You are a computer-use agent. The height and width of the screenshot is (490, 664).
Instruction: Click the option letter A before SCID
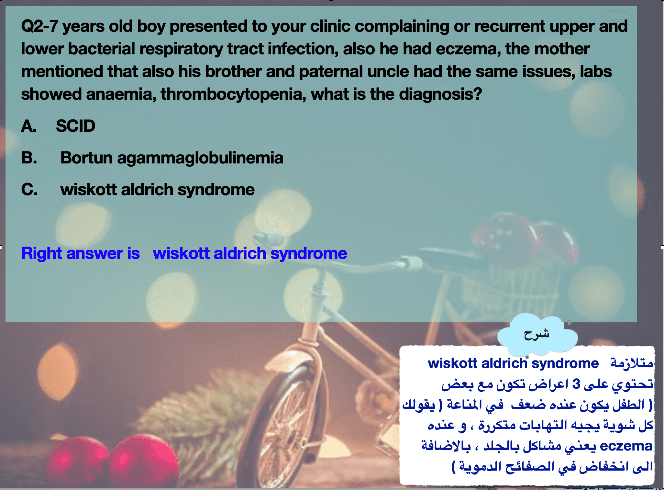pos(28,126)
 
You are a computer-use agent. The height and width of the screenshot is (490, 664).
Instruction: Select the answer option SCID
pos(76,126)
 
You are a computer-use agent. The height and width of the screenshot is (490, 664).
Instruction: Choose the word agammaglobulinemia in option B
pos(200,158)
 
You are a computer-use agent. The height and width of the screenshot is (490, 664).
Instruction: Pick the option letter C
pos(29,189)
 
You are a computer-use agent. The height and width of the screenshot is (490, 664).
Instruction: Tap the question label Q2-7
pos(39,26)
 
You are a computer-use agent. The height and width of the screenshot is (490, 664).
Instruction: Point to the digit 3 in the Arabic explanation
pos(576,384)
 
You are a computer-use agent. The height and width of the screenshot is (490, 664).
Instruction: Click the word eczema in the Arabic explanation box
pos(626,446)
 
